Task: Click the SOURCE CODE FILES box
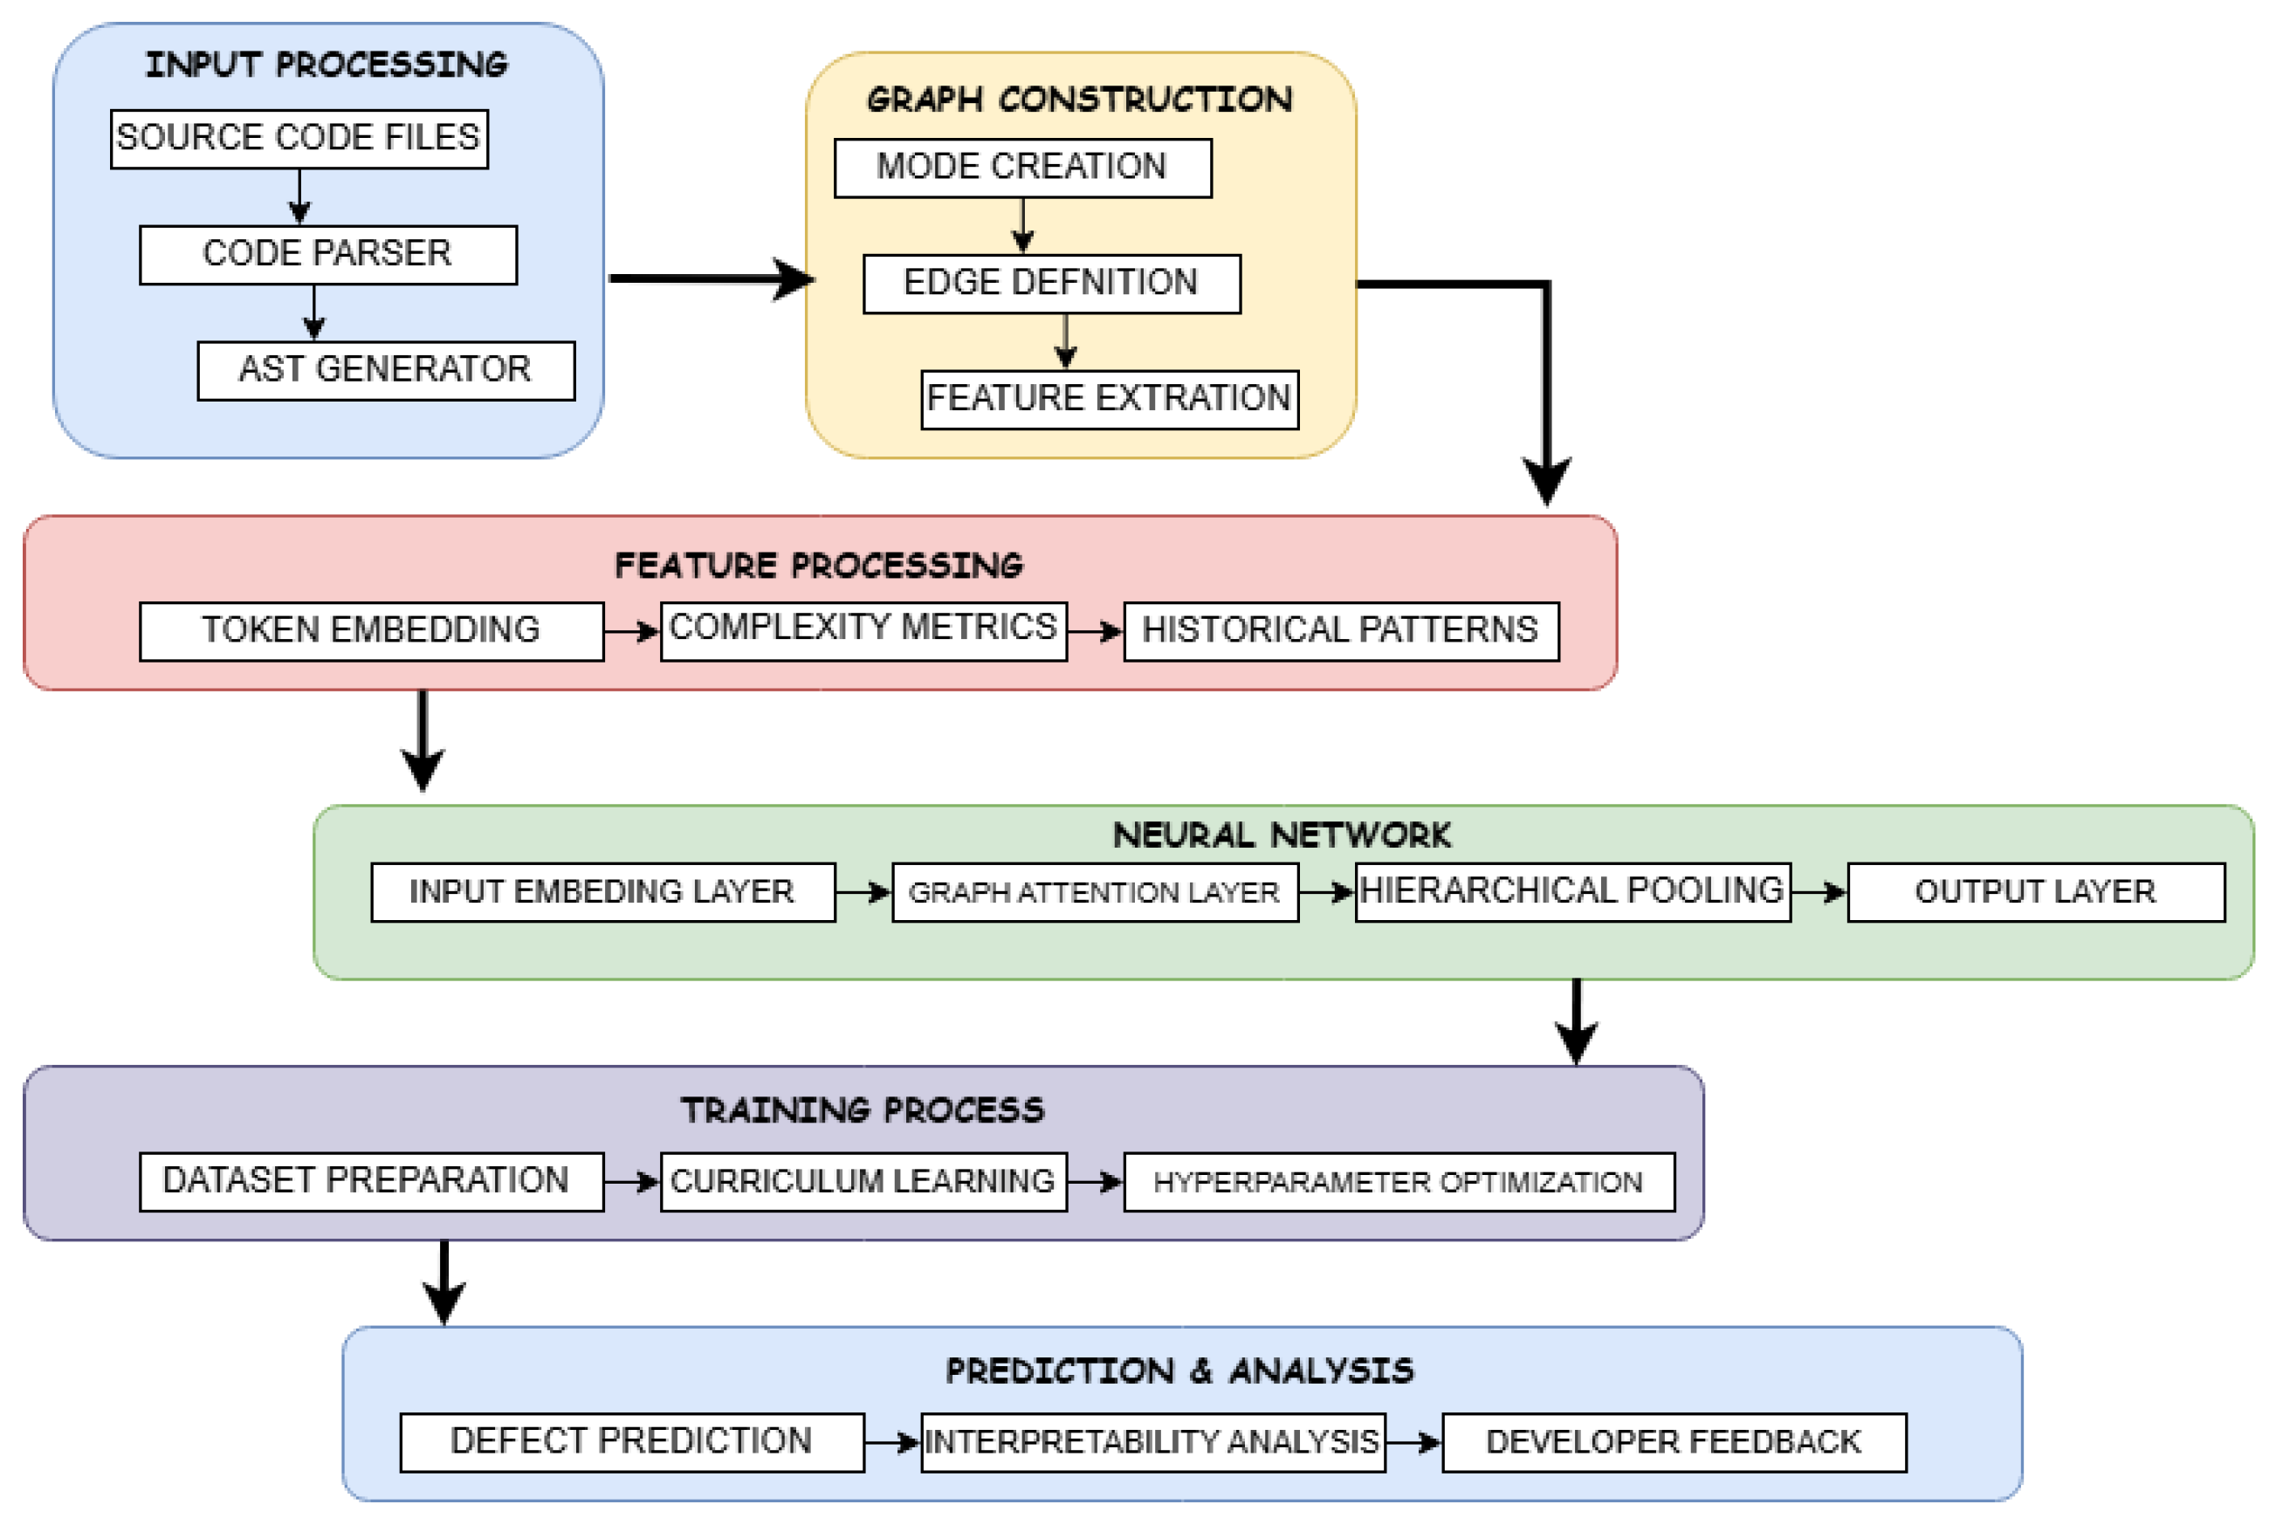point(299,139)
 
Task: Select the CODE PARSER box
point(327,255)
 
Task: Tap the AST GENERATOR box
point(386,370)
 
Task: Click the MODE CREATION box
point(1022,168)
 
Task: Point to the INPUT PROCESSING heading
point(327,65)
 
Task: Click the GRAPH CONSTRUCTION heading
point(1079,100)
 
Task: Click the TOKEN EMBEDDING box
point(371,631)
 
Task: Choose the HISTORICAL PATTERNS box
point(1340,631)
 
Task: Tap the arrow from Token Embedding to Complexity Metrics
point(631,632)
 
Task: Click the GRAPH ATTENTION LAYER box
point(1095,892)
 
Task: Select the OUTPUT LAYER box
point(2035,892)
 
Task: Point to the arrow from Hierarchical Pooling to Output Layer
point(1818,892)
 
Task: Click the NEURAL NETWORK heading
point(1281,835)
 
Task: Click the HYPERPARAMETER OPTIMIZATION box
point(1399,1182)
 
